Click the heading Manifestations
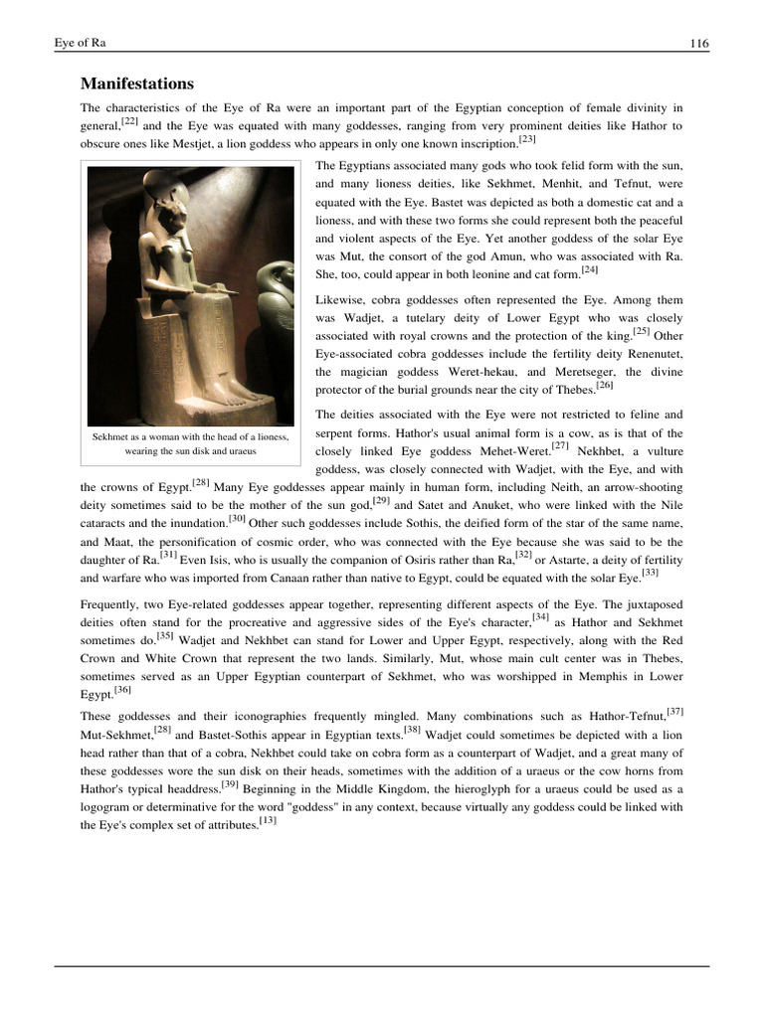136,83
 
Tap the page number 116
697,44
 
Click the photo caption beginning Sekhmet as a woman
190,443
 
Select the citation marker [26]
605,386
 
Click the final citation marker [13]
268,821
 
